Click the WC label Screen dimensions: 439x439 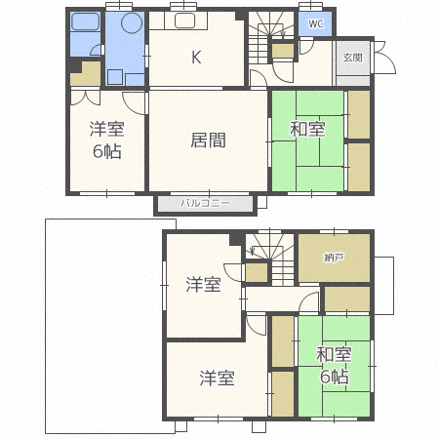[315, 23]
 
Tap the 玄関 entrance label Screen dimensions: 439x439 [352, 58]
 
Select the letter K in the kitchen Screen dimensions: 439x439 [196, 57]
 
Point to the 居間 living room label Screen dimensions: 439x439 [208, 140]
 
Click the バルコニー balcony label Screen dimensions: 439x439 [205, 203]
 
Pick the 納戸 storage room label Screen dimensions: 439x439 [334, 258]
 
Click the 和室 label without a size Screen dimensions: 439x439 [306, 129]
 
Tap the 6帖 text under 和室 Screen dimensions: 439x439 [334, 377]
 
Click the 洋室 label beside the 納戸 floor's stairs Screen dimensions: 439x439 [203, 285]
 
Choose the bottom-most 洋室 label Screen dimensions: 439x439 [218, 377]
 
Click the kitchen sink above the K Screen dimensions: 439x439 [184, 23]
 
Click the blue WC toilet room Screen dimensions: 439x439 [315, 24]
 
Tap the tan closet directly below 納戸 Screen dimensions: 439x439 [346, 299]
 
